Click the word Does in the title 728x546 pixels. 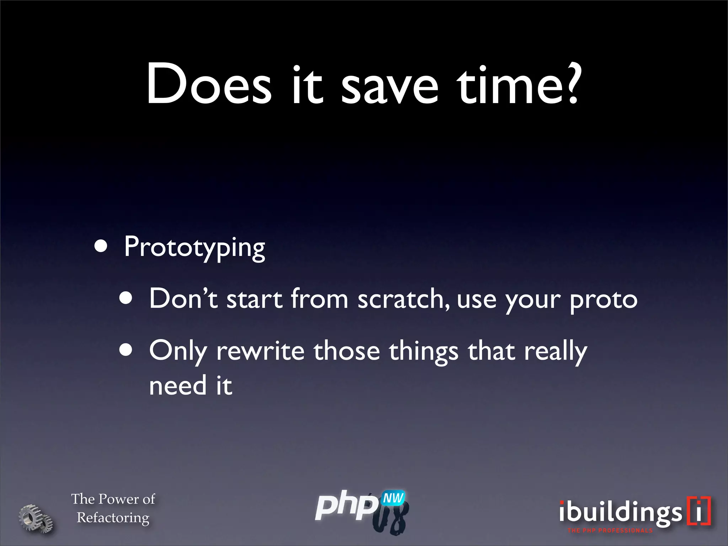click(x=209, y=85)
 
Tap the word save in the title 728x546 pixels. click(x=390, y=85)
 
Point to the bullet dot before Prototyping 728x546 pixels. click(x=101, y=246)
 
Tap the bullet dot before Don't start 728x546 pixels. click(x=126, y=299)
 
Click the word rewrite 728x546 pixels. click(x=260, y=351)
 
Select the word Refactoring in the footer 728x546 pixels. click(x=113, y=518)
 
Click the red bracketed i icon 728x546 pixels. click(x=699, y=511)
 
